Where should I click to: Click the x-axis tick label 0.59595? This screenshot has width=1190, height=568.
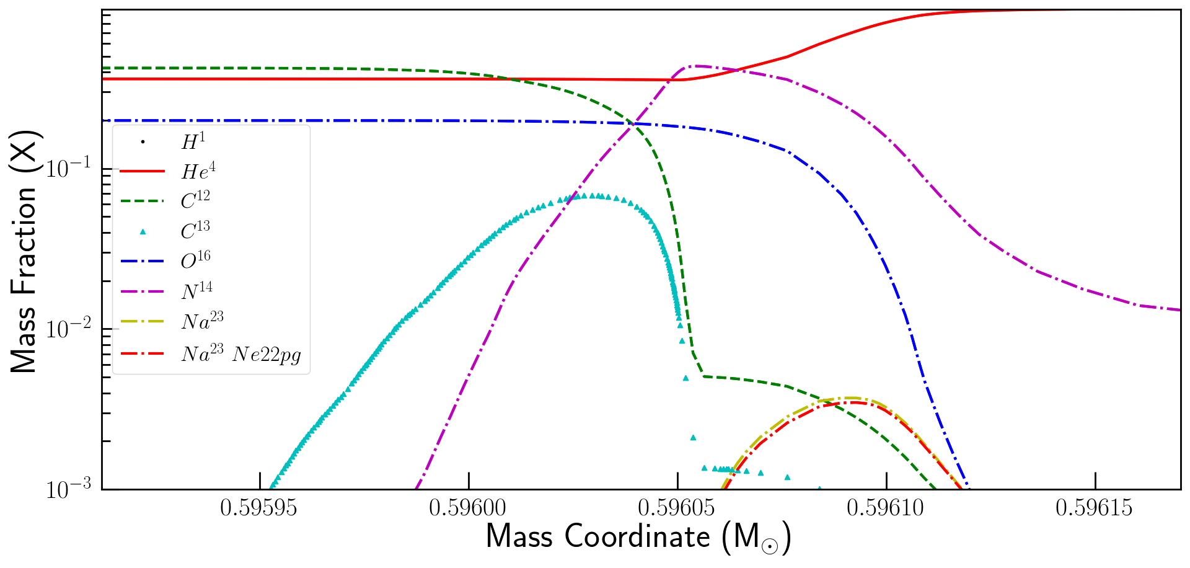coord(259,508)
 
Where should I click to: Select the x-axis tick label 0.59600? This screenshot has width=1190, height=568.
coord(469,508)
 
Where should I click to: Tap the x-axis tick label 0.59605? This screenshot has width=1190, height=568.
coord(677,508)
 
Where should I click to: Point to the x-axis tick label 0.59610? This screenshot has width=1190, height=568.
coord(886,508)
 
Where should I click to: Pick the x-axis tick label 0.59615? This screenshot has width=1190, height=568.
coord(1095,508)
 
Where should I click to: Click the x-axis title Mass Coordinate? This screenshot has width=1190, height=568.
coord(638,537)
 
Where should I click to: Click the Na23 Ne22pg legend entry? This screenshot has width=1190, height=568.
coord(242,353)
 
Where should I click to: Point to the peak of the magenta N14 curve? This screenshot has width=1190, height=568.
coord(697,66)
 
